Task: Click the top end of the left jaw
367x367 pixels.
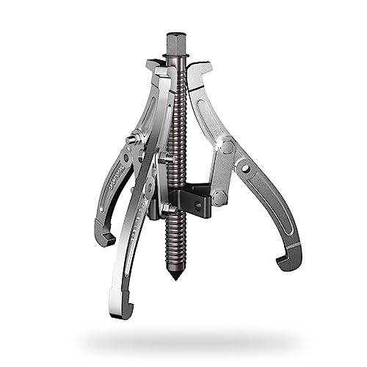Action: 155,66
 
